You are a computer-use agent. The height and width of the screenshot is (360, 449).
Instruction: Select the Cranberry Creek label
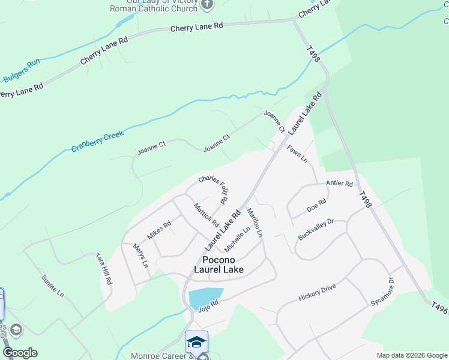(x=97, y=142)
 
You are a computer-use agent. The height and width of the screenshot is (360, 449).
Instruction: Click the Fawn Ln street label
(x=297, y=154)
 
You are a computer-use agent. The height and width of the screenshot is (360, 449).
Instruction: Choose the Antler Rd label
(x=339, y=183)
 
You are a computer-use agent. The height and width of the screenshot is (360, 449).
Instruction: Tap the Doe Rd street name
(x=316, y=205)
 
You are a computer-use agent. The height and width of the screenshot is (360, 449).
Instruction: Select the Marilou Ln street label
(x=255, y=222)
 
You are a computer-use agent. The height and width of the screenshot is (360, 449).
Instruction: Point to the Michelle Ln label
(x=237, y=239)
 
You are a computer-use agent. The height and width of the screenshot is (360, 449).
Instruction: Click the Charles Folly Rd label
(x=214, y=187)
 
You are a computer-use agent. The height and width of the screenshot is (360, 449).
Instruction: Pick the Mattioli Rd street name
(x=206, y=215)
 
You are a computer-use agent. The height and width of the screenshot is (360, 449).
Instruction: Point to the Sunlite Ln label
(x=52, y=286)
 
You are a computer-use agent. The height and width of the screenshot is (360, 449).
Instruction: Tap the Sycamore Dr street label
(x=382, y=291)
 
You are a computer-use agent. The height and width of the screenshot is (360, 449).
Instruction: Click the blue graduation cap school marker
(x=196, y=342)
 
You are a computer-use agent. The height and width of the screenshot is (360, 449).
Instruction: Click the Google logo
(x=20, y=353)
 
